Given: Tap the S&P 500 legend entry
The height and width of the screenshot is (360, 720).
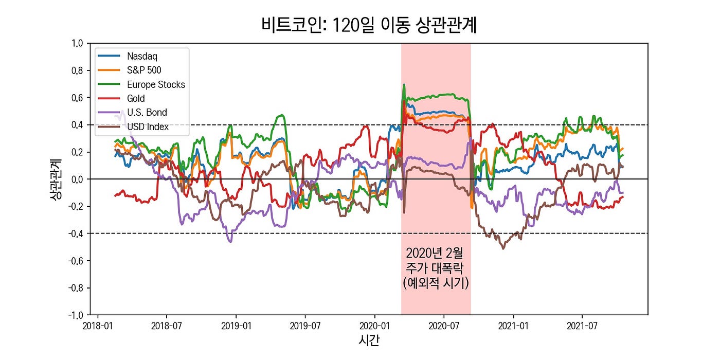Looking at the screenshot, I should (x=144, y=70).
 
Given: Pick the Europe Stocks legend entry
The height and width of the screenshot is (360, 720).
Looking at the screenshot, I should (x=156, y=84).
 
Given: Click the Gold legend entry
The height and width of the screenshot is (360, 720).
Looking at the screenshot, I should (x=136, y=98).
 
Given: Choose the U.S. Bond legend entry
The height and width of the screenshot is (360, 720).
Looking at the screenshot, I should (x=147, y=112).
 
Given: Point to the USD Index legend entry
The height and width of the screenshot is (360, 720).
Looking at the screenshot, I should (x=148, y=127).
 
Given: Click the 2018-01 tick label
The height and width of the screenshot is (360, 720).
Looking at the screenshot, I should (x=97, y=326).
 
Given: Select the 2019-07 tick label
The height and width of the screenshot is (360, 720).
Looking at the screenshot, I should (x=305, y=326).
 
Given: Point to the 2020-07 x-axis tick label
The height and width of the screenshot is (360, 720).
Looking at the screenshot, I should (x=443, y=326).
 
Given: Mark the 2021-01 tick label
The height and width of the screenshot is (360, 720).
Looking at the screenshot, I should (x=513, y=326).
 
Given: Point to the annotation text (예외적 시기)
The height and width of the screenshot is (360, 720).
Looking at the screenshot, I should (x=436, y=283).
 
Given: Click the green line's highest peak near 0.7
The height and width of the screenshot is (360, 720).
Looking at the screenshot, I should (x=404, y=85).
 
